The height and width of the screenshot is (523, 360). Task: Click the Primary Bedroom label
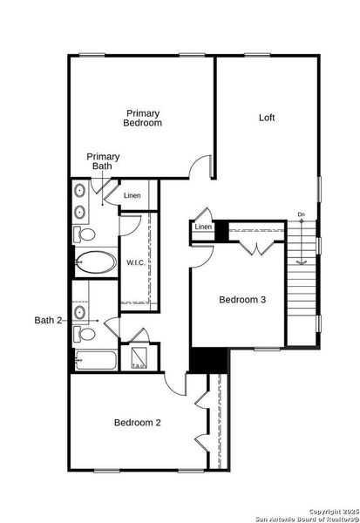143,119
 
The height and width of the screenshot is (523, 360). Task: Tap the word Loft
268,118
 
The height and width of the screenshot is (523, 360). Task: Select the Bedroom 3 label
241,300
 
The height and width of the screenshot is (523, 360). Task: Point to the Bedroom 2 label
137,423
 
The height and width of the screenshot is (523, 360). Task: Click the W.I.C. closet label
136,261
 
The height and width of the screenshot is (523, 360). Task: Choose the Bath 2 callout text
47,321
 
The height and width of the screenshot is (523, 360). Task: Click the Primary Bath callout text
103,161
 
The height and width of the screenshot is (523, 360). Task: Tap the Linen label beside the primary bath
132,195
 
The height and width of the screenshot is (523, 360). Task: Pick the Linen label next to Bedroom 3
203,228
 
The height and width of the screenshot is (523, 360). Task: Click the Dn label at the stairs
301,214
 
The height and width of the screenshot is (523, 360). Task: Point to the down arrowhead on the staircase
301,261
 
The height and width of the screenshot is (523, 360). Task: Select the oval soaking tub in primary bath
95,261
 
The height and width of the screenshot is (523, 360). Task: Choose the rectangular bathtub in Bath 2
95,360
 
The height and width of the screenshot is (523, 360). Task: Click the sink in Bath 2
81,310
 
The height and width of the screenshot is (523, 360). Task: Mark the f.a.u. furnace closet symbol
139,359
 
